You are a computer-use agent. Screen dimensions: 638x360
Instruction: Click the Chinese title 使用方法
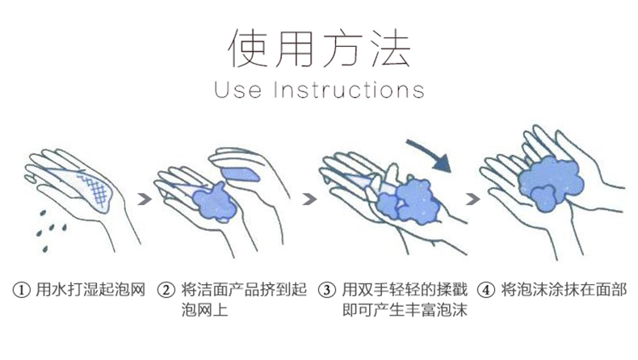pos(320,48)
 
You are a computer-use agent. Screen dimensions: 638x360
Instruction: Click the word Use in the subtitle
pos(237,90)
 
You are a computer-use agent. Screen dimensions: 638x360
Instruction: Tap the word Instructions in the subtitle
pos(349,90)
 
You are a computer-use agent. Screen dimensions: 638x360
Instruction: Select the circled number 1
pos(22,291)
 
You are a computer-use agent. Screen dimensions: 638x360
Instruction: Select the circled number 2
pos(166,291)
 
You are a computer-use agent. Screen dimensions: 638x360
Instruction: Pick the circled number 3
pos(327,291)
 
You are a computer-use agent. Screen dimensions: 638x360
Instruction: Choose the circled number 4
pos(486,291)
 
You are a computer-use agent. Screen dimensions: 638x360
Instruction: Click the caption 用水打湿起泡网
pos(90,290)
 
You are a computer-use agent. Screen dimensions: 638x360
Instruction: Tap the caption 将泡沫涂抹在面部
pos(564,290)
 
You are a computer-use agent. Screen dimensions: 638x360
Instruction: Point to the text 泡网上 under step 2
pos(204,310)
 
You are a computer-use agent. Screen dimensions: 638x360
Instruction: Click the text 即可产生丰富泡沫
pos(405,310)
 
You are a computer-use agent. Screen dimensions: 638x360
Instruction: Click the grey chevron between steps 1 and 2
pos(145,199)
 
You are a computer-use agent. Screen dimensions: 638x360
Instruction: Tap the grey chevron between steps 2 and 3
pos(309,199)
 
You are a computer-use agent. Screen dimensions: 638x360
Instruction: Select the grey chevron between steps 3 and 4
pos(472,199)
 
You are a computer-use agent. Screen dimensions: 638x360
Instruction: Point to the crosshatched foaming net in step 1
pos(94,190)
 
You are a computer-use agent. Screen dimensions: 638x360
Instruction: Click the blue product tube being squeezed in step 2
pos(241,174)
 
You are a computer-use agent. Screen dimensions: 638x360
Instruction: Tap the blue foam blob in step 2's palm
pos(214,202)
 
